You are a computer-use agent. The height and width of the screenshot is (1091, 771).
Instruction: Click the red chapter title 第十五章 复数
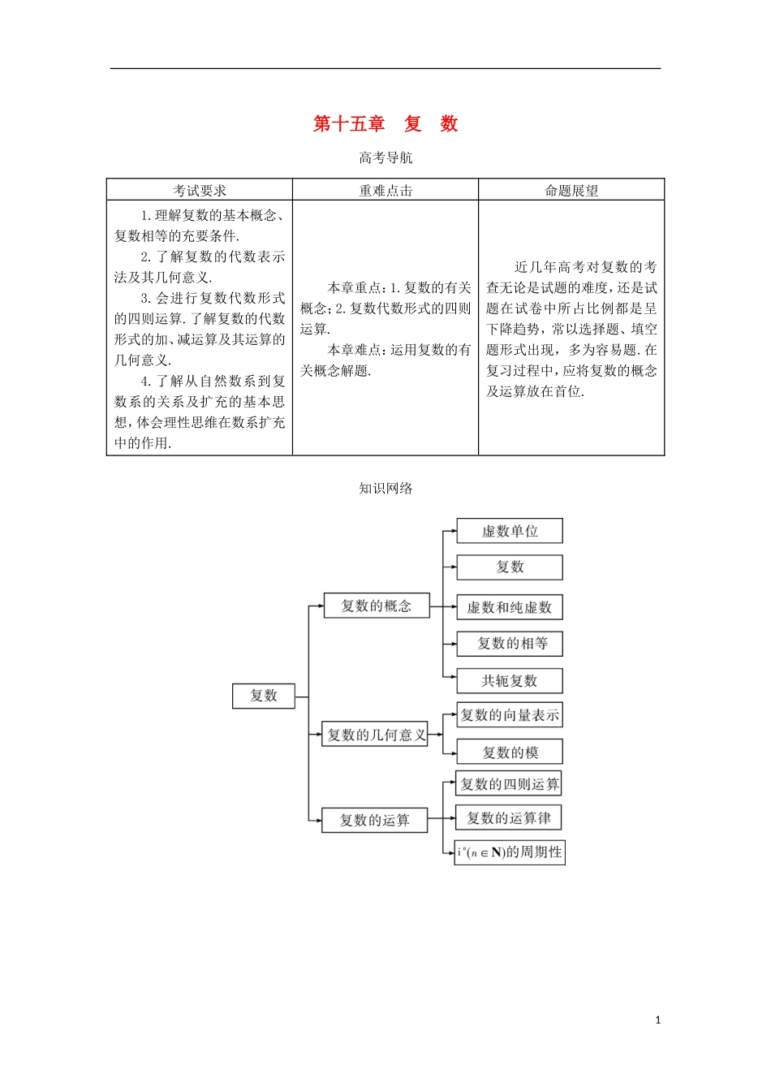[385, 124]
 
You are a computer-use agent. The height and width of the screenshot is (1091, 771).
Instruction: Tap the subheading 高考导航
[385, 157]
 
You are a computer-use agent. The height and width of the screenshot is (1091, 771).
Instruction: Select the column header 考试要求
[200, 191]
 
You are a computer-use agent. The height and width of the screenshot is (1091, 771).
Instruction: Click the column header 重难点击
[385, 191]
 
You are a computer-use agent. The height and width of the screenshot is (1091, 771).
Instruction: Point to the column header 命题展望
[571, 191]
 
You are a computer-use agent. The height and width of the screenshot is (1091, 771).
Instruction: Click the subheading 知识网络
[385, 488]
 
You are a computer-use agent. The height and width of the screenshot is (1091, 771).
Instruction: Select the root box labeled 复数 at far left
[264, 696]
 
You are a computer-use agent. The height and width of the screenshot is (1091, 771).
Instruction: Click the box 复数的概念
[377, 606]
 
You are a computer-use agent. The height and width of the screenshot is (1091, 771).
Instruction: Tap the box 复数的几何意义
[375, 735]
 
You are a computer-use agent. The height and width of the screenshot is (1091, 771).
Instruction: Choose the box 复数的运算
[374, 820]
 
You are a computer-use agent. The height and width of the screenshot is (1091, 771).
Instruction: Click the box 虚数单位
[510, 531]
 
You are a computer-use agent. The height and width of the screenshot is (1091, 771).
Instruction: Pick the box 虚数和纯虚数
[510, 607]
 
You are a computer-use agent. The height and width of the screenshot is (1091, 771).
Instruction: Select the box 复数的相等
[510, 644]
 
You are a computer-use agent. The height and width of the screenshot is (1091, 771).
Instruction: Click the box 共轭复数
[510, 680]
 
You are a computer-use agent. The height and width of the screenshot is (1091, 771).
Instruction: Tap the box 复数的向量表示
[510, 715]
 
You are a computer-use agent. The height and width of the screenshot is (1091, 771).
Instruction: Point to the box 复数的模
[510, 752]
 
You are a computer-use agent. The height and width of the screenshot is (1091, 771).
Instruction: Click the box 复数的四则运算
[510, 783]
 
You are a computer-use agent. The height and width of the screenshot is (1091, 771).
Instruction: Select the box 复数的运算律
[509, 817]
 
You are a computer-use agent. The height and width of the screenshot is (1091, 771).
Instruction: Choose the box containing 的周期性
[510, 852]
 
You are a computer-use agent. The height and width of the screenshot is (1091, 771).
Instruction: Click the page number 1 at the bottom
[657, 1020]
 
